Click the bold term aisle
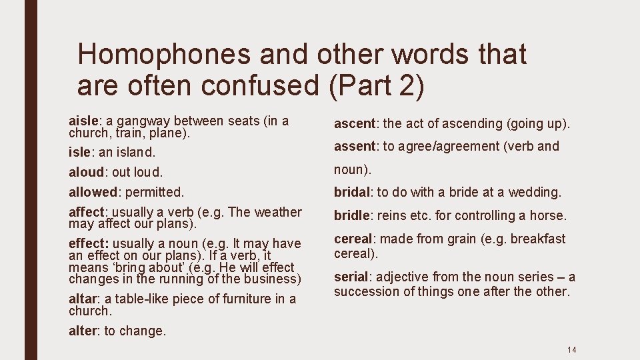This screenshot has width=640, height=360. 83,121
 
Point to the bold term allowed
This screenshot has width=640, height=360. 93,192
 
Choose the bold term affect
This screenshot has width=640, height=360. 87,212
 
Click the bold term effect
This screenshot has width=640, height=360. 87,243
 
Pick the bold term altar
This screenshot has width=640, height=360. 84,299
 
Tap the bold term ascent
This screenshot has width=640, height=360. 355,123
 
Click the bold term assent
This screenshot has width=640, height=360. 355,146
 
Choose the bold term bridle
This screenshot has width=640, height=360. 351,215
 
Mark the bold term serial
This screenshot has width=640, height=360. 351,277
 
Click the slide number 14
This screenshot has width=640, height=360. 571,350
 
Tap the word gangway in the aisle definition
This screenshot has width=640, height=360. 143,121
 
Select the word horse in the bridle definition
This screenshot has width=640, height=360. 548,215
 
